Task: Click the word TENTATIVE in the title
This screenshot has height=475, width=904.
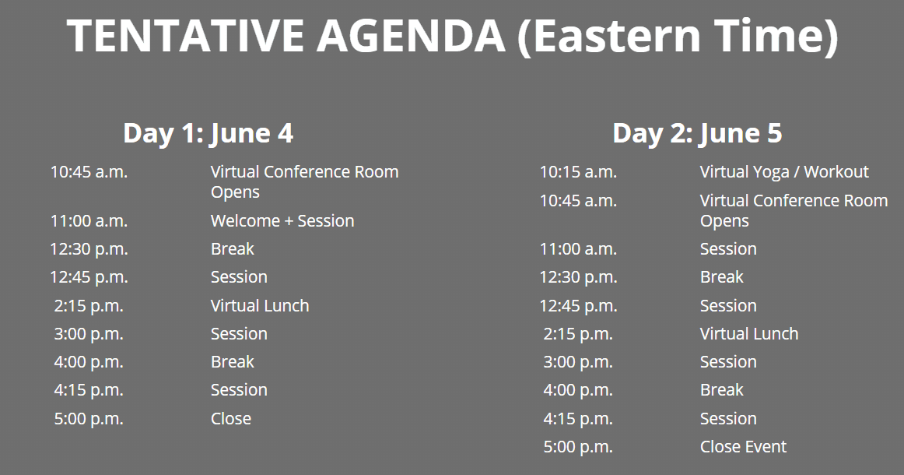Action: [185, 36]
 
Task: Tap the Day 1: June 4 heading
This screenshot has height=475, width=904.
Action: [208, 133]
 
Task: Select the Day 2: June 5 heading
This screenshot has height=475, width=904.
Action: [697, 133]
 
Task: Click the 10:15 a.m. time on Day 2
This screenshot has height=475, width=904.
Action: [578, 172]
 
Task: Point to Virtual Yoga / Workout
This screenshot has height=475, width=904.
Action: [784, 172]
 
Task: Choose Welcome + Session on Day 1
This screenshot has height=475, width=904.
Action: [282, 221]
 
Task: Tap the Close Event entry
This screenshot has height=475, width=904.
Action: [743, 447]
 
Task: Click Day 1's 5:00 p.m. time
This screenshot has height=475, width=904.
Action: [89, 419]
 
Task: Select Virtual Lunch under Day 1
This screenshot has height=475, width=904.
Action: [260, 306]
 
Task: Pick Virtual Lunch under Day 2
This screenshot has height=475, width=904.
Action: [749, 333]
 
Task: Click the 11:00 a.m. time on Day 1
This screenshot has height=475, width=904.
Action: [89, 221]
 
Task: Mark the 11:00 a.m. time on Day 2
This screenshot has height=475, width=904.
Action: [578, 249]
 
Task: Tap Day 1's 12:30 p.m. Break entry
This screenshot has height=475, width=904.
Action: [233, 249]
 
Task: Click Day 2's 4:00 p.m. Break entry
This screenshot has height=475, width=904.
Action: [722, 390]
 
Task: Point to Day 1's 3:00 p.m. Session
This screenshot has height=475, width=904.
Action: [239, 334]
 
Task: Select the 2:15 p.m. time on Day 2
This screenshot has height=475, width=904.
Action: [578, 334]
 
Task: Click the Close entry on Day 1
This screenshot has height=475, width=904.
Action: [231, 419]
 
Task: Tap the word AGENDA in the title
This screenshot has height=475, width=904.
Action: [411, 36]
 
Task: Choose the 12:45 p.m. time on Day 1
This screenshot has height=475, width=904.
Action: [89, 278]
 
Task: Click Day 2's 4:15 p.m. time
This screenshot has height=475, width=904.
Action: [578, 419]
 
